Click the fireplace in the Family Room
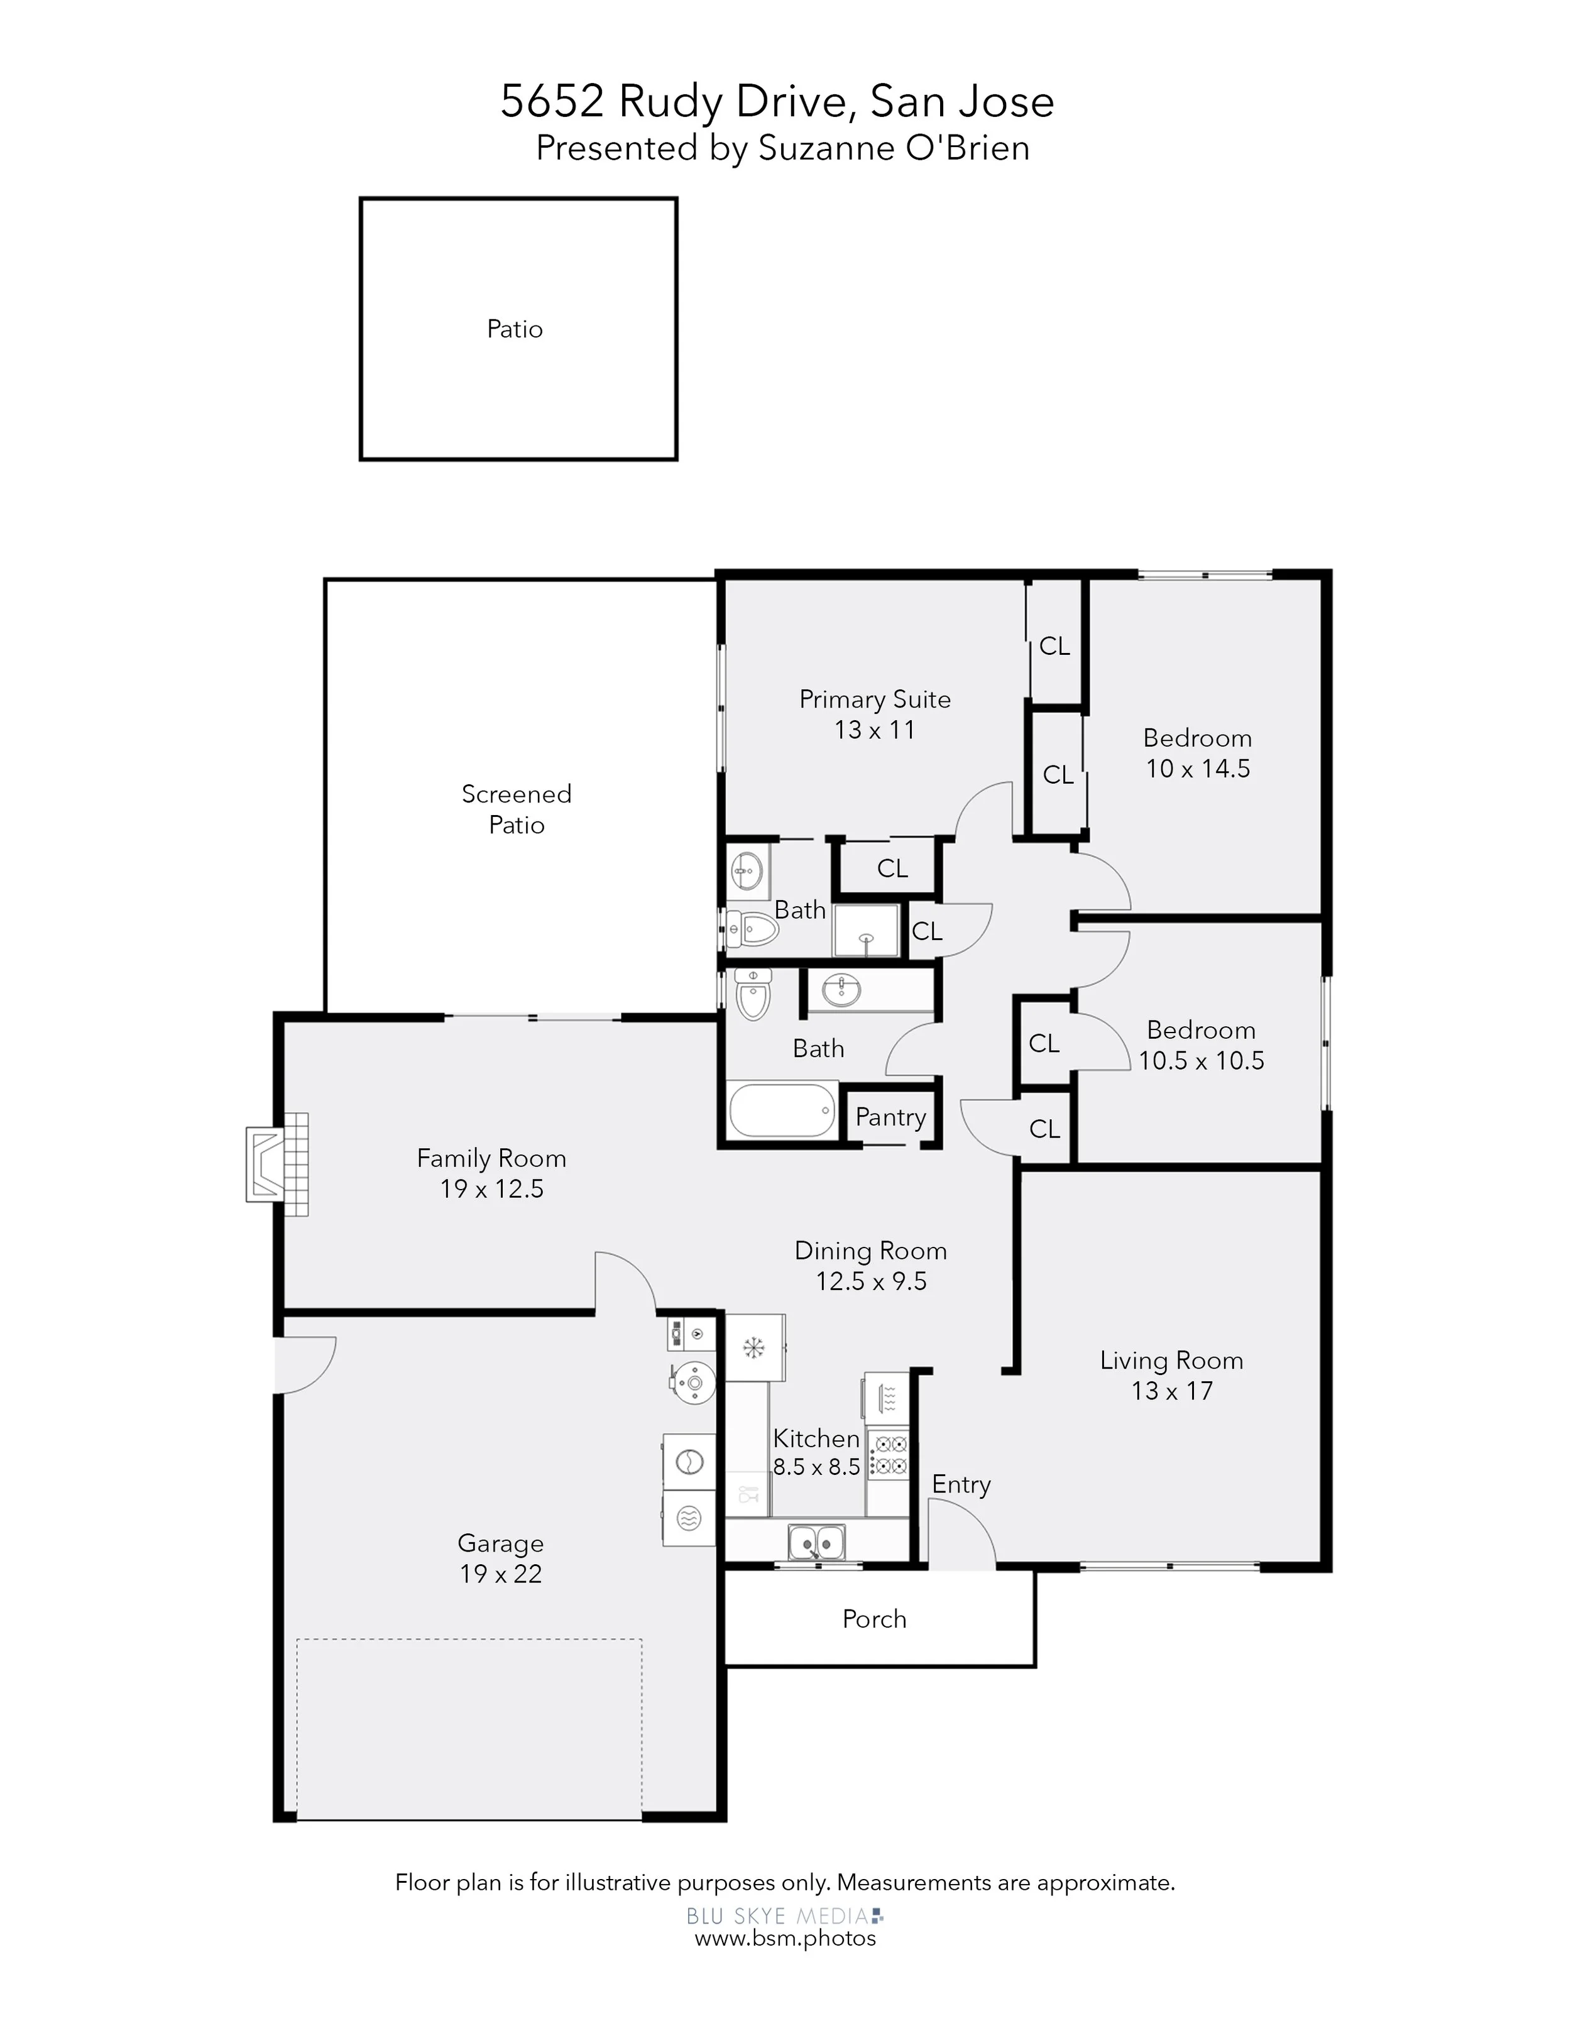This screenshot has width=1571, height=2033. tap(277, 1164)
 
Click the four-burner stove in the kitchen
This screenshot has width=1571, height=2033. tap(888, 1455)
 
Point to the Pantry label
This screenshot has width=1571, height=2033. tap(890, 1117)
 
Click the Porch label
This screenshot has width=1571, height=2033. tap(874, 1619)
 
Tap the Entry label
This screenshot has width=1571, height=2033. tap(961, 1485)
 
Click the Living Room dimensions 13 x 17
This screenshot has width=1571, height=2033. tap(1172, 1391)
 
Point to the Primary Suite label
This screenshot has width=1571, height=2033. tap(875, 700)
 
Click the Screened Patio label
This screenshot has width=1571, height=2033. tap(517, 809)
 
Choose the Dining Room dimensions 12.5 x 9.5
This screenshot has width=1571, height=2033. tap(871, 1281)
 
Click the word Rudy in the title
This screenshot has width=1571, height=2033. tap(670, 101)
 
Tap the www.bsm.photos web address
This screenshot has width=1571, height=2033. tap(785, 1938)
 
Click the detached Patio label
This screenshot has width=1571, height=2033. tap(515, 329)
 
